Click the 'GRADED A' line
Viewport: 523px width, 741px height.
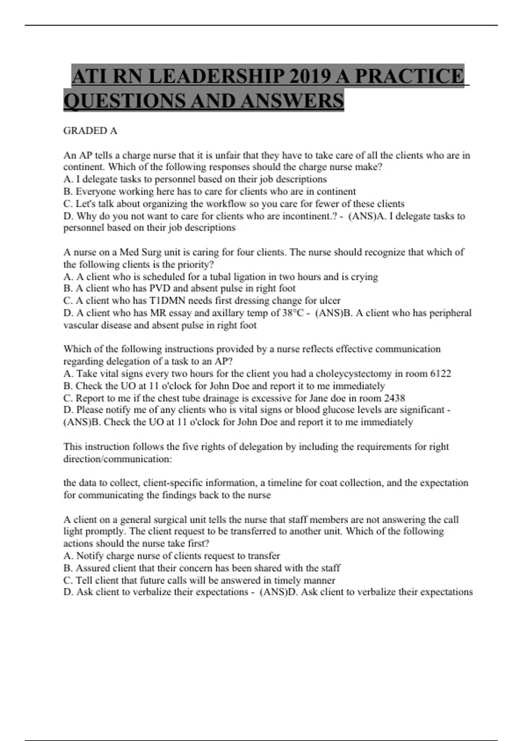point(90,131)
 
